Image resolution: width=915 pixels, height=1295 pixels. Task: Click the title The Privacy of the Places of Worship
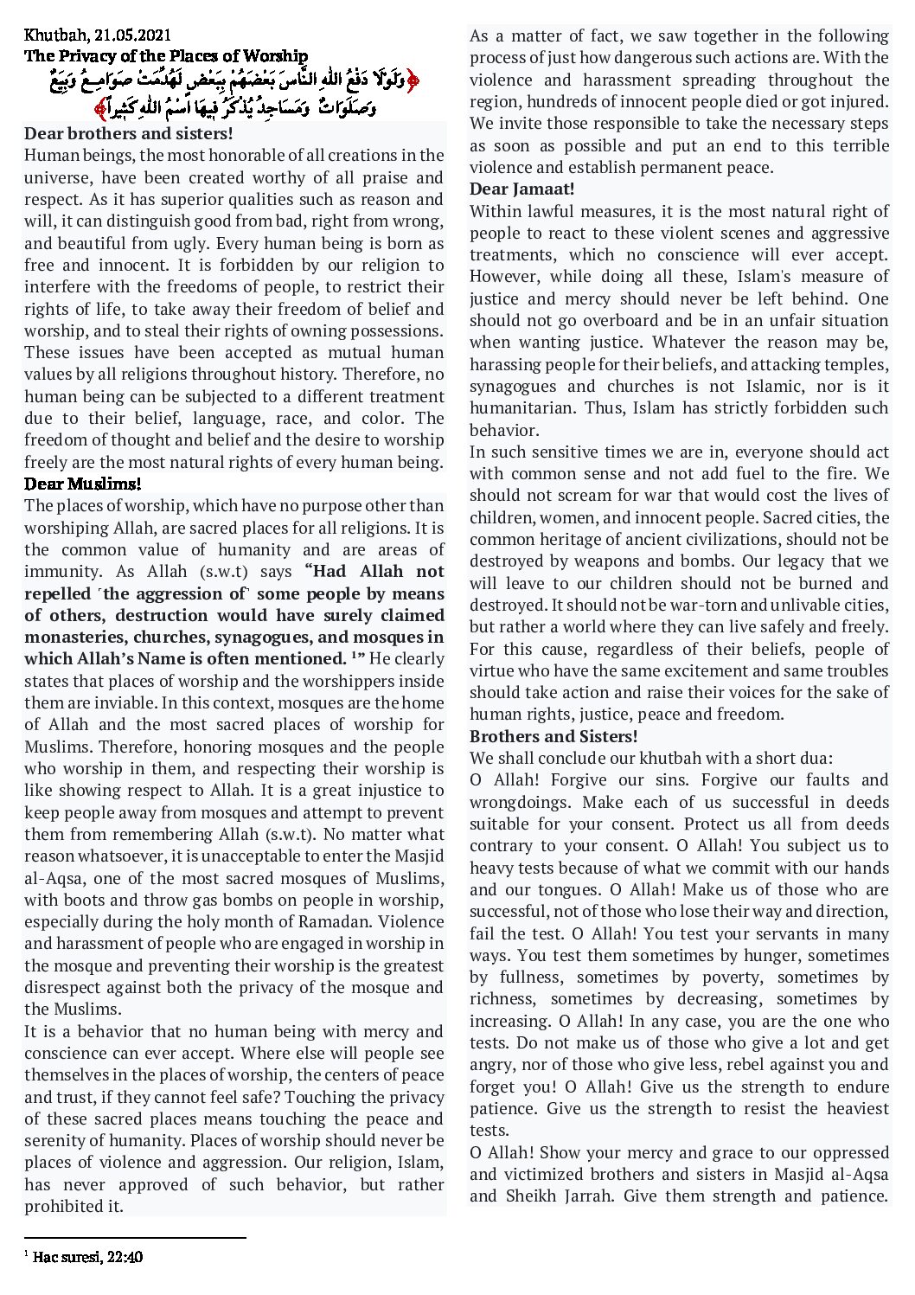(166, 56)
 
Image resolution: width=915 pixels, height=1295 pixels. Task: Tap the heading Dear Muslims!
(82, 484)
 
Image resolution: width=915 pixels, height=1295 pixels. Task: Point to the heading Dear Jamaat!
(521, 189)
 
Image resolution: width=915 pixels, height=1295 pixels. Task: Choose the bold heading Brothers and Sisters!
(553, 736)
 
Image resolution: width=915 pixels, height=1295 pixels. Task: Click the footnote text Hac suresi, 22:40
(87, 1257)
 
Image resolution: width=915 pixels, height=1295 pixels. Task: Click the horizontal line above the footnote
(135, 1238)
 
